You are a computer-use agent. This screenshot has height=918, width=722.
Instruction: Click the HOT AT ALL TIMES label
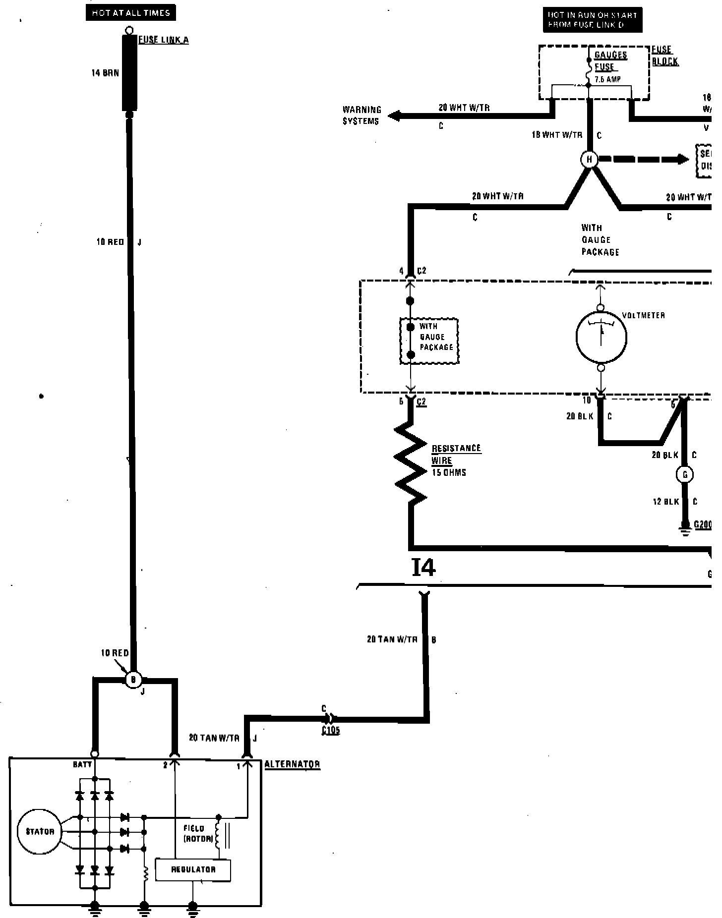coord(130,13)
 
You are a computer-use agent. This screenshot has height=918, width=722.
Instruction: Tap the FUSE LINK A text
coord(163,40)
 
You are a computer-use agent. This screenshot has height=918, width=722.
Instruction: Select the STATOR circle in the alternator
coord(40,831)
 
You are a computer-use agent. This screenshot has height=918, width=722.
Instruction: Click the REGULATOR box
coord(193,869)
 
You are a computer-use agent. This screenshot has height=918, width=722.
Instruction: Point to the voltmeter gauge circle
coord(601,337)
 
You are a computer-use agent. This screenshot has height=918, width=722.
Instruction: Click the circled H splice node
coord(589,160)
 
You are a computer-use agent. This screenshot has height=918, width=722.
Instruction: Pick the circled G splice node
coord(685,475)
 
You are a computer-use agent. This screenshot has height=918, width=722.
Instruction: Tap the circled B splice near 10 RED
coord(133,680)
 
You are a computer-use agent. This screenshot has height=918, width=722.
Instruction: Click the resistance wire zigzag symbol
coord(411,461)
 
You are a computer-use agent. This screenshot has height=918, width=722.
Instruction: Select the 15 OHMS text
coord(449,473)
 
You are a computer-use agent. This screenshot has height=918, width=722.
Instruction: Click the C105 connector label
coord(331,730)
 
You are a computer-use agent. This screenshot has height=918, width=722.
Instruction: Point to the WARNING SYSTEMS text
coord(361,115)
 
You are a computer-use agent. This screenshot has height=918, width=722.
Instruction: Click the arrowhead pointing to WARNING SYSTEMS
coord(394,116)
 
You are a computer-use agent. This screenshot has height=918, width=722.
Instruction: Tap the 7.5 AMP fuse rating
coord(607,79)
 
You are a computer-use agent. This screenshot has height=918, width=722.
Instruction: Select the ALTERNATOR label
coord(292,764)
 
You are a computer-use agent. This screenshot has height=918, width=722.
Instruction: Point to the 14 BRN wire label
coord(105,73)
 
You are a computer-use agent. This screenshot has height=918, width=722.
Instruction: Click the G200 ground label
coord(703,524)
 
